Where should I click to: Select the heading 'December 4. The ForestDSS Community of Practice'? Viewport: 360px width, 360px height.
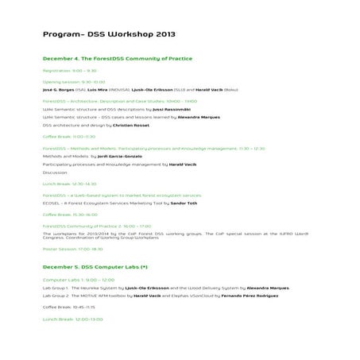click(x=117, y=59)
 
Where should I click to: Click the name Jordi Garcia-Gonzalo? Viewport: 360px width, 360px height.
click(x=110, y=157)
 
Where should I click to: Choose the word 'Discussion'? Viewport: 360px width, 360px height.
click(x=56, y=172)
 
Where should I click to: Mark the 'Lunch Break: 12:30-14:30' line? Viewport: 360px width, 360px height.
click(x=69, y=184)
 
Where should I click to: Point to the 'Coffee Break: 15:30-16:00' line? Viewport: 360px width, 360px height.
click(x=71, y=215)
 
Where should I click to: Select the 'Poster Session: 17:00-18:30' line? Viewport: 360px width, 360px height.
click(x=72, y=249)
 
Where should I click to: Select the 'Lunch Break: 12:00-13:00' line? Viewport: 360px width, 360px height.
click(x=73, y=319)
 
